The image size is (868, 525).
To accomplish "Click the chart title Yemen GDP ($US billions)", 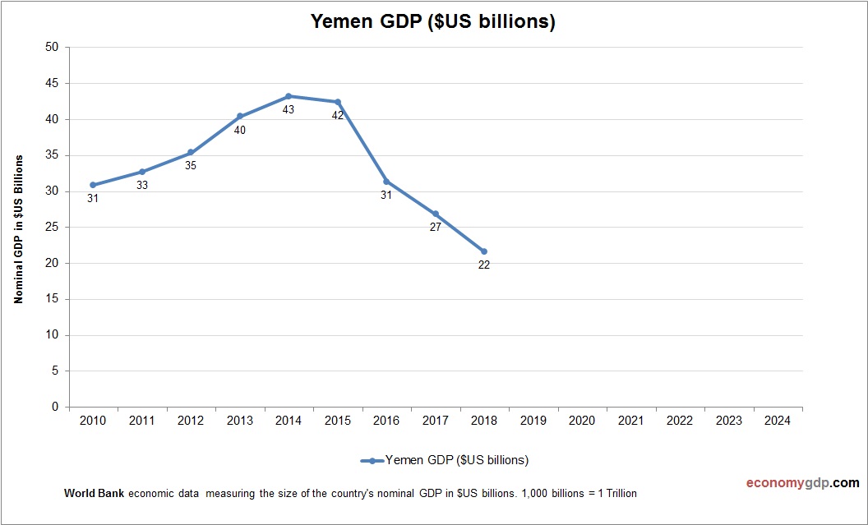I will (433, 22).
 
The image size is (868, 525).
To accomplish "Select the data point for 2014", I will (289, 96).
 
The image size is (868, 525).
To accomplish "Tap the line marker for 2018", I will (484, 251).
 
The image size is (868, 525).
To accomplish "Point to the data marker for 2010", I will (93, 185).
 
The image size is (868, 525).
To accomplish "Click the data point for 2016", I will (386, 182).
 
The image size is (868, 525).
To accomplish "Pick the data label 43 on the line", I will (289, 109).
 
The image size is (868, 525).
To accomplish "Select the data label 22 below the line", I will (484, 265).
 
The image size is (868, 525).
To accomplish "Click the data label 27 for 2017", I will (436, 227).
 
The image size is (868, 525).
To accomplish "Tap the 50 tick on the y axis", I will (52, 48).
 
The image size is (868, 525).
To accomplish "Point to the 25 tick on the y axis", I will (52, 228).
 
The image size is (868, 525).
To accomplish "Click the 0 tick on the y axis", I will (55, 407).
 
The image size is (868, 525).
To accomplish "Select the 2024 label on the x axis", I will (778, 421).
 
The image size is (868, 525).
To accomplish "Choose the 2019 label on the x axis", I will (533, 421).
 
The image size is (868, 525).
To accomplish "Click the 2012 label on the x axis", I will (191, 421).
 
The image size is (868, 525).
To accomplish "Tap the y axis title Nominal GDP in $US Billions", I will (18, 228).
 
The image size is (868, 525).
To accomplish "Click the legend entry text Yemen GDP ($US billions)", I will (457, 459).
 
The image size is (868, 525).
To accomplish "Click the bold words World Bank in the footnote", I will (94, 494).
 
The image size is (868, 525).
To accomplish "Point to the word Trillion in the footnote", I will (618, 494).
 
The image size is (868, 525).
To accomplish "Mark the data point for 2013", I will (240, 116).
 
